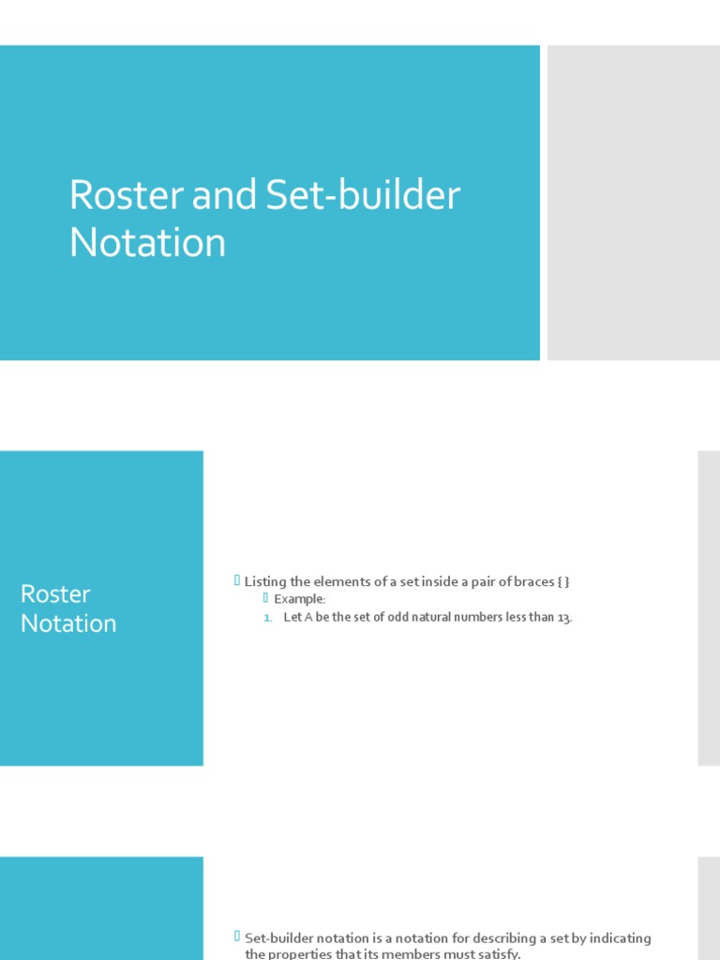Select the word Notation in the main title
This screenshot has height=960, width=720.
[x=147, y=243]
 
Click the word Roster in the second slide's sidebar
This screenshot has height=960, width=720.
[x=55, y=594]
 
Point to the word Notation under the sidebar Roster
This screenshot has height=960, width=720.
[x=68, y=623]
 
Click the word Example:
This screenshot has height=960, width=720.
[x=299, y=599]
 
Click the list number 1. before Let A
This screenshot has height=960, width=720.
[x=267, y=618]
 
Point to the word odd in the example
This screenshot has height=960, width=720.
[x=398, y=618]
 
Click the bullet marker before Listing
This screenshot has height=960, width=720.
[x=237, y=581]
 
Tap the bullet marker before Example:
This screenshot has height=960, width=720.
[x=266, y=598]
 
